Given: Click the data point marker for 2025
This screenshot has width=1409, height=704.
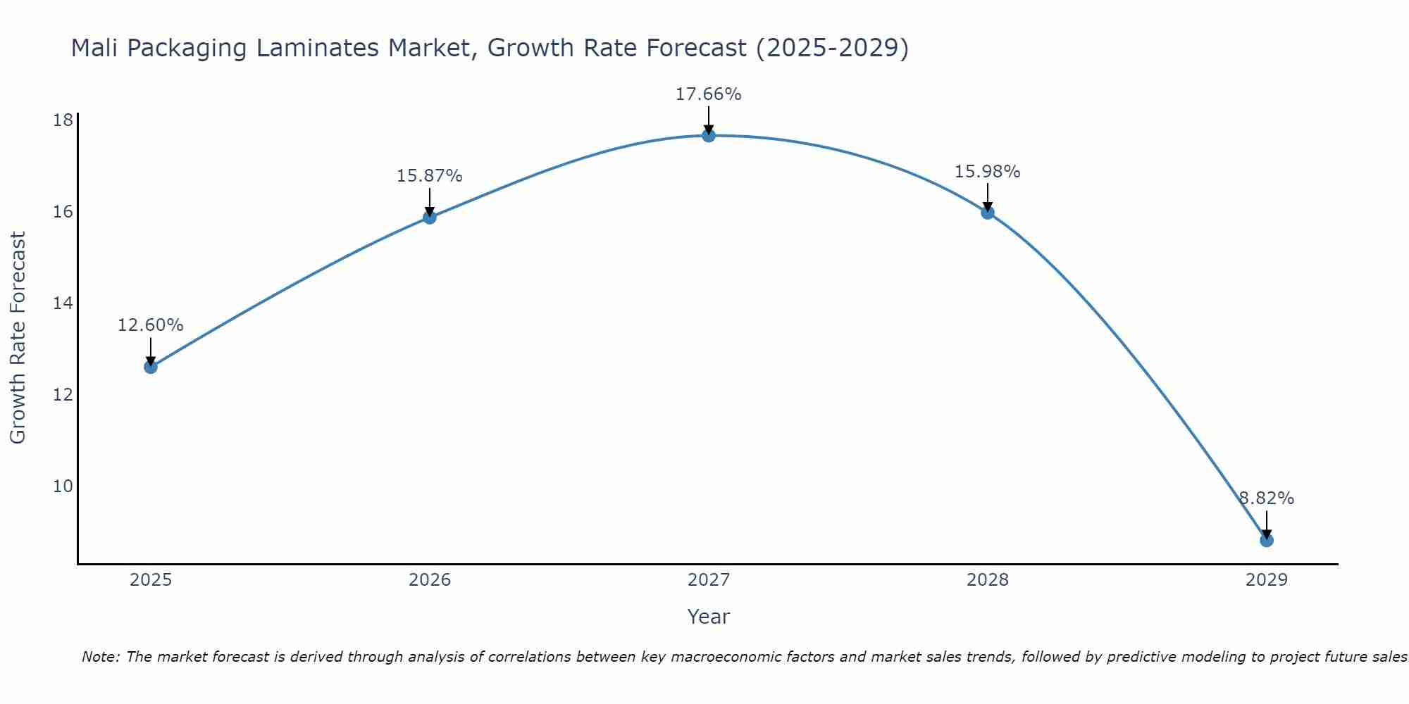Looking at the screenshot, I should [x=151, y=367].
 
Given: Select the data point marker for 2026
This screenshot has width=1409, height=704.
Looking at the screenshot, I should [x=430, y=217].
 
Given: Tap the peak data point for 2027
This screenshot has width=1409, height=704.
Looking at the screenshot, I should [x=709, y=135].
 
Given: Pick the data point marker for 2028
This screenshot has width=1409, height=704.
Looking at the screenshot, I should [x=988, y=212].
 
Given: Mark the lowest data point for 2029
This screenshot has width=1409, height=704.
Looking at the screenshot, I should [x=1267, y=540].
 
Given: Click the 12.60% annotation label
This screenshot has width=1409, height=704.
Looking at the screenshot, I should [x=150, y=325].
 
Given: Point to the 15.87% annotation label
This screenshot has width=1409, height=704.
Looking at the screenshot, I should [x=429, y=176].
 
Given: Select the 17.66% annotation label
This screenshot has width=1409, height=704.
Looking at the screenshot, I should [x=708, y=94].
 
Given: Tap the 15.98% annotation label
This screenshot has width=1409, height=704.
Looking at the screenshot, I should [x=987, y=172].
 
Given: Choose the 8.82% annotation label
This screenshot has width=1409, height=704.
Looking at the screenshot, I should [x=1267, y=498].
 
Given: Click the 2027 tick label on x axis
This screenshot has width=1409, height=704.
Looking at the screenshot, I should [x=709, y=580].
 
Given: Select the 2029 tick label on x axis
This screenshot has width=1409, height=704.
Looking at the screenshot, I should [x=1267, y=580].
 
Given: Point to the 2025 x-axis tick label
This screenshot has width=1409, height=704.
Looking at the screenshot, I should [x=151, y=580].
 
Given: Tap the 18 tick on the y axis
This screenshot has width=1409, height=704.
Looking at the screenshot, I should [x=63, y=120].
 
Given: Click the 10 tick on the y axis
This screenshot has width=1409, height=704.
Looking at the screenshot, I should [x=63, y=486].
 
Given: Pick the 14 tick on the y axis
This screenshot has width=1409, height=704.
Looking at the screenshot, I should [x=63, y=303].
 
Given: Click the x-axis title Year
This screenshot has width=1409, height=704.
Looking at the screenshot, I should [x=708, y=617].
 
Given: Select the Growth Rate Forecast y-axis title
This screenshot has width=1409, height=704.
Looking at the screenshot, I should [x=18, y=338].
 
